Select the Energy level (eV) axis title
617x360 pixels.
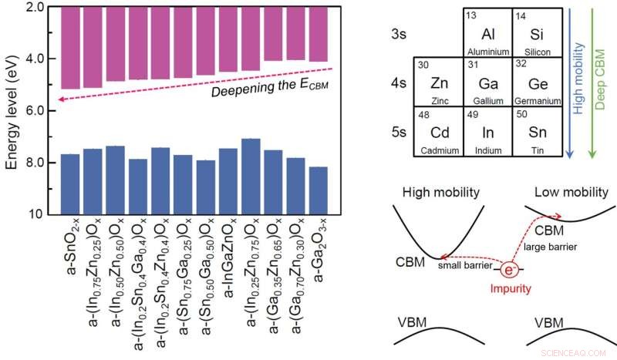pos(12,110)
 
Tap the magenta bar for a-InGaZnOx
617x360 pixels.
pos(228,39)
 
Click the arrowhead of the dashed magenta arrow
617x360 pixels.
pos(61,119)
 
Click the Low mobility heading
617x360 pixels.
pos(565,191)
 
